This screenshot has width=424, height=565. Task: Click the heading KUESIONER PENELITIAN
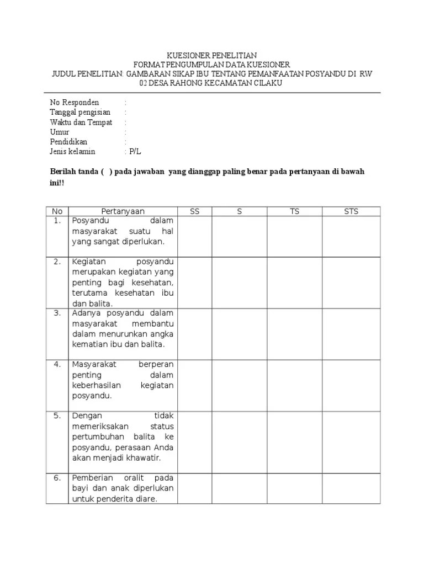click(213, 56)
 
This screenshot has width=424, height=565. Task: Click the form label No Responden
click(75, 103)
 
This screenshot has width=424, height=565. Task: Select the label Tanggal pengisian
click(80, 113)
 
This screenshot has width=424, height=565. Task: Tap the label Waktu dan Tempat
click(81, 122)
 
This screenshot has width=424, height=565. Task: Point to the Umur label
click(60, 132)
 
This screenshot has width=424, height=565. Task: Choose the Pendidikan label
click(68, 142)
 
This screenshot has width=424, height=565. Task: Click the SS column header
click(194, 211)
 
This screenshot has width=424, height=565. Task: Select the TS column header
click(294, 211)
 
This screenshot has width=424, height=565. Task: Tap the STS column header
click(351, 211)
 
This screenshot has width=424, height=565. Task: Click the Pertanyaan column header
click(123, 211)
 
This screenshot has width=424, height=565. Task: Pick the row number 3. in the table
click(57, 313)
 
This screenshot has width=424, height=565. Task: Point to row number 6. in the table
click(57, 478)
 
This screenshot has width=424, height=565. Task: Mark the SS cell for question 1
click(194, 236)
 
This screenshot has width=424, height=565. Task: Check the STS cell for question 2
click(351, 282)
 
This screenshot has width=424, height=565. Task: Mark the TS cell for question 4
click(294, 385)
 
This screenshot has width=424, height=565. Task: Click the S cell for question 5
click(240, 441)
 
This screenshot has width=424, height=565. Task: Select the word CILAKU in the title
click(266, 83)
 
